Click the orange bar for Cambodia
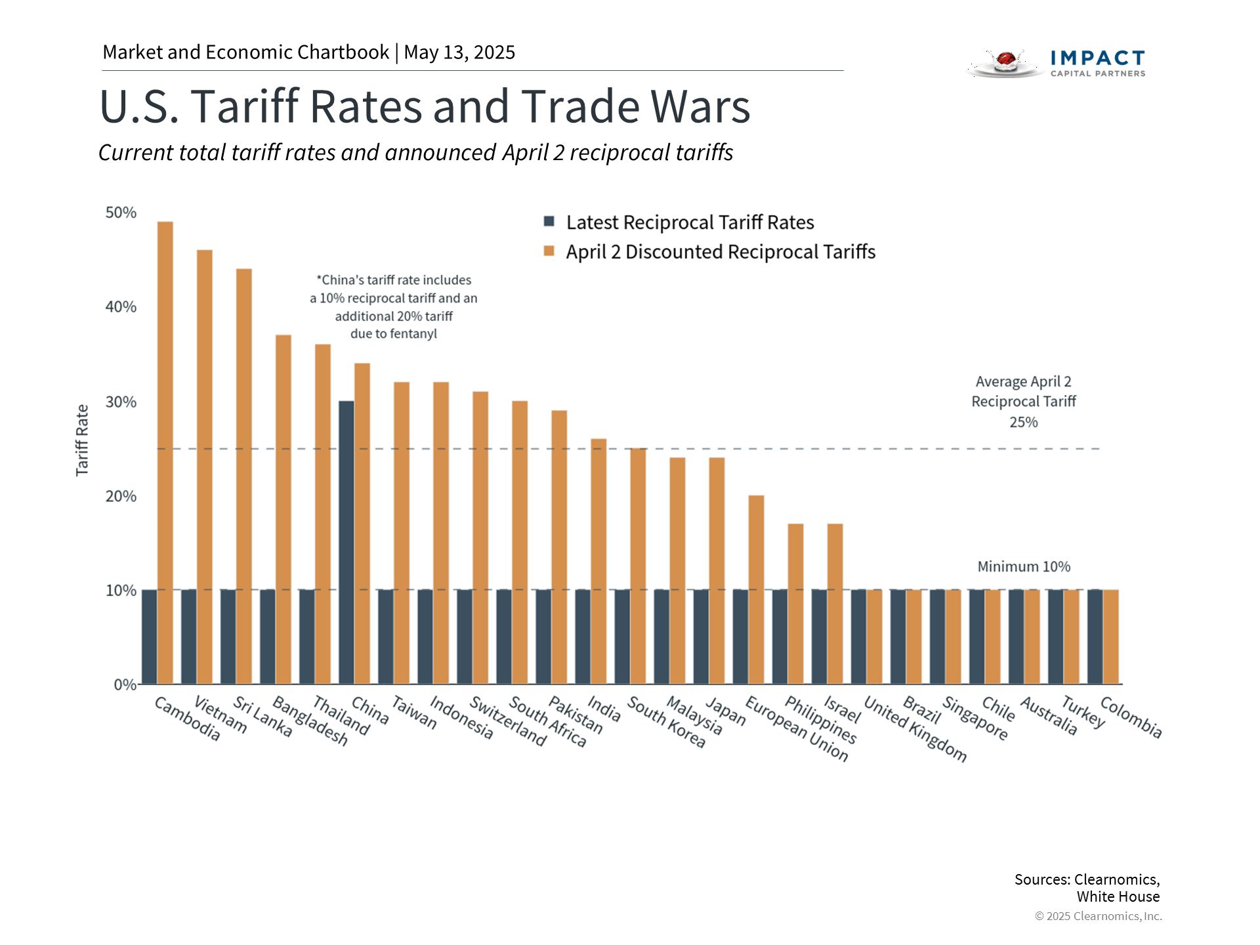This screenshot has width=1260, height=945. click(165, 453)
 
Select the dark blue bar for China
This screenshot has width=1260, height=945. click(346, 542)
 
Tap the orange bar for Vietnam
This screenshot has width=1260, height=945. click(205, 467)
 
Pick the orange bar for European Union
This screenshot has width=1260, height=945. click(756, 589)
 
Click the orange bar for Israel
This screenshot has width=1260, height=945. click(835, 604)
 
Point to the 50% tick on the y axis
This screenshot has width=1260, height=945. click(121, 213)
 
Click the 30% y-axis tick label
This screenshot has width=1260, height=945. click(121, 402)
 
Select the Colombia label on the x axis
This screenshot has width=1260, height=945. click(1131, 717)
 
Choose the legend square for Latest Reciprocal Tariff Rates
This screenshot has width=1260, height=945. click(549, 221)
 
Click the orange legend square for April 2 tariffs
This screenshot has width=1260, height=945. click(549, 251)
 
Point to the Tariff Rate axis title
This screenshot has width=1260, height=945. click(82, 440)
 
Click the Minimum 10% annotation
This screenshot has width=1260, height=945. click(1024, 566)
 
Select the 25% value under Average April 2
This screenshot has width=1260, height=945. click(1024, 422)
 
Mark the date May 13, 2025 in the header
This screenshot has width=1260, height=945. click(459, 52)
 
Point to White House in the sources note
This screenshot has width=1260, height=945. click(1118, 896)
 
